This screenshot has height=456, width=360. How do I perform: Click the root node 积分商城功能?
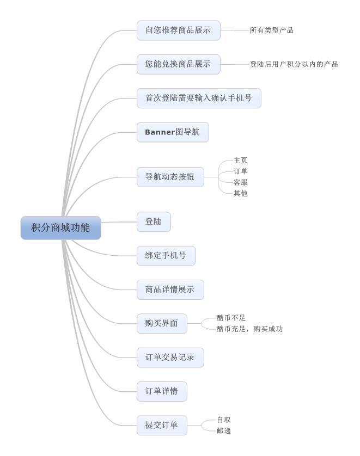coord(61,227)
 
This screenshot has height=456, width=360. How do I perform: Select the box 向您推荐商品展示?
coord(179,30)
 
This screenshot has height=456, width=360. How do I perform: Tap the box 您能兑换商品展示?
coord(179,64)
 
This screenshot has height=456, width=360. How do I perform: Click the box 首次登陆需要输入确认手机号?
coord(199,98)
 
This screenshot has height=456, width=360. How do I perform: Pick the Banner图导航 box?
coord(173,132)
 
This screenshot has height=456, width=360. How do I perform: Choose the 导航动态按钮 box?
coord(170,177)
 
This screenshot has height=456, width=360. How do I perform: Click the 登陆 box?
coord(154,222)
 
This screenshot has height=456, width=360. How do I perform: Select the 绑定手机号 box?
coord(166,256)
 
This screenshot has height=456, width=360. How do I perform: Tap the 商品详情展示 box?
coord(170,289)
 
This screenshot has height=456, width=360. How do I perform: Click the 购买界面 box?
coord(162,323)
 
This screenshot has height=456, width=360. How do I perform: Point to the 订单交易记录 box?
coord(170,358)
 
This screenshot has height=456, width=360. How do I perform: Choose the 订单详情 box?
coord(162,391)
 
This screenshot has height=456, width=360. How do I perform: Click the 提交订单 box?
coord(162,426)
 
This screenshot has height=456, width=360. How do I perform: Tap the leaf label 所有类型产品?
coord(272,30)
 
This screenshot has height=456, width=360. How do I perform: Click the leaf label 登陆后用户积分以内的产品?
coord(294,64)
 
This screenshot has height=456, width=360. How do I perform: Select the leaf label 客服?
coord(240,182)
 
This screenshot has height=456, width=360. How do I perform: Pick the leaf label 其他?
coord(240,193)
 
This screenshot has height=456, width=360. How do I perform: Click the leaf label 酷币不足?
coord(231,318)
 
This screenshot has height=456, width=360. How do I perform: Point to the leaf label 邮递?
coord(224,431)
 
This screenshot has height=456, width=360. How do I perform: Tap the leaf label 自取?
coord(224,420)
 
